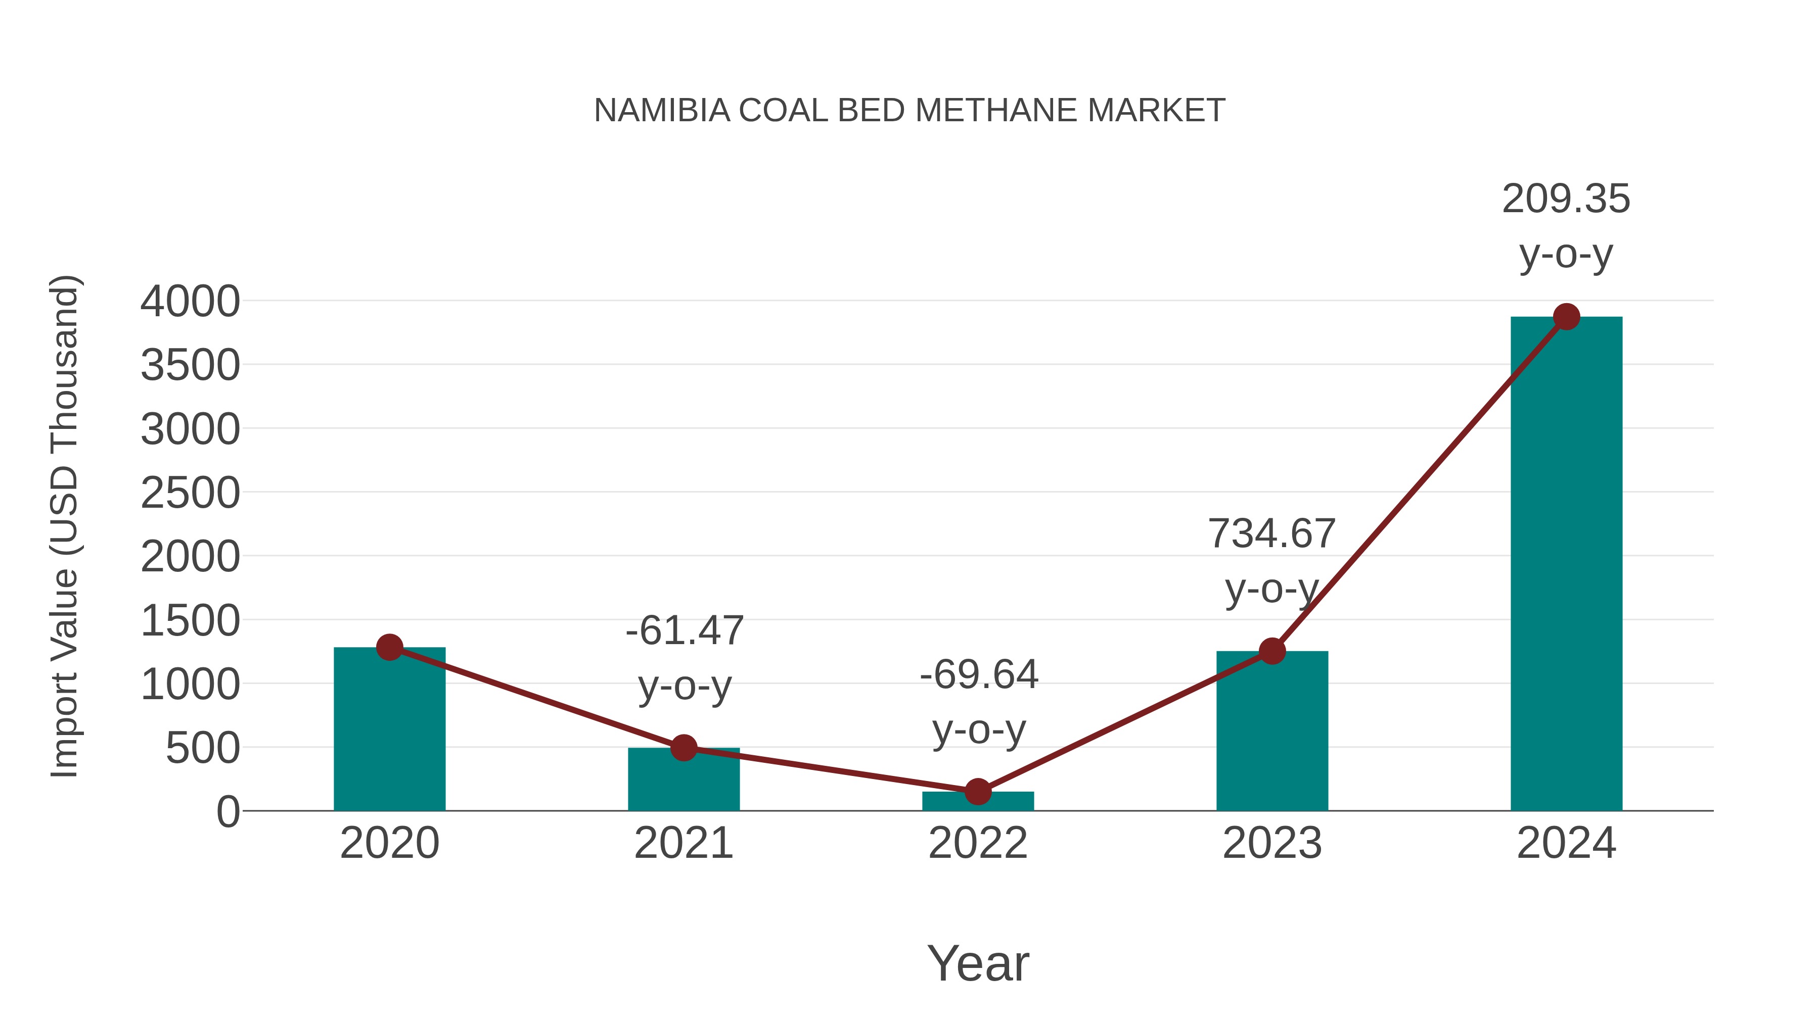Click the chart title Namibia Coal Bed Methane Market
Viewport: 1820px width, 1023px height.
click(x=909, y=111)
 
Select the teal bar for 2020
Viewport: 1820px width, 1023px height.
click(x=389, y=734)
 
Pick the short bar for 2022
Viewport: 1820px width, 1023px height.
click(x=978, y=803)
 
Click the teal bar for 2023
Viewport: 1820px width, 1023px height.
click(x=1272, y=734)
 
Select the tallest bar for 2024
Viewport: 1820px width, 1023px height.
click(x=1566, y=565)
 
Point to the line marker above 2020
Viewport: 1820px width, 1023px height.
click(x=389, y=647)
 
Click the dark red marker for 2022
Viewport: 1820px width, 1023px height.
click(x=978, y=792)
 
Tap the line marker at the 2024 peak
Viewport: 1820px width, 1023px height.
click(x=1566, y=317)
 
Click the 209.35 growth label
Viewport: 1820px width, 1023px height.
click(x=1566, y=199)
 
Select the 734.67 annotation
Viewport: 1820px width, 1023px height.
click(x=1272, y=534)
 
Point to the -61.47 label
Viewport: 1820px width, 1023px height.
click(x=684, y=630)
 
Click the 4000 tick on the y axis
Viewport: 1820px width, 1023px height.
click(x=190, y=302)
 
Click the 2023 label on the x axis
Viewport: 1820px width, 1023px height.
click(x=1272, y=843)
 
